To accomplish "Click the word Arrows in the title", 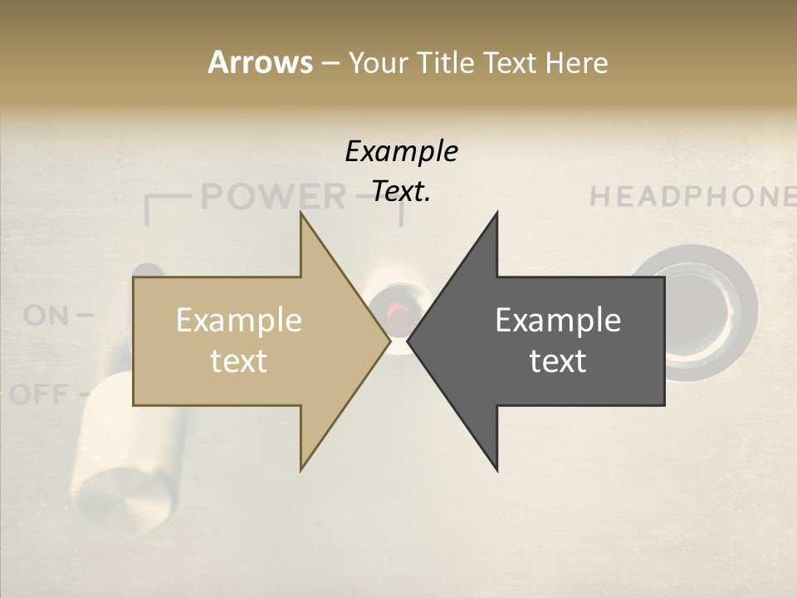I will [x=261, y=62].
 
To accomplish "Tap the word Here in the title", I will [x=576, y=62].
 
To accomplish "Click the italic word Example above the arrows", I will [x=401, y=152].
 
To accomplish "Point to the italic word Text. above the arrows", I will [x=401, y=191].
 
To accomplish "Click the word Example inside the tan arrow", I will [x=239, y=321].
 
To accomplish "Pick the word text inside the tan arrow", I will [x=239, y=361].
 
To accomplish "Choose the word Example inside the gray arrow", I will [x=558, y=321].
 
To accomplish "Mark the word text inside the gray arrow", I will [x=558, y=361].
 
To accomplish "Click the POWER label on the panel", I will [x=274, y=197].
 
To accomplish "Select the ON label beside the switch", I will [x=46, y=316].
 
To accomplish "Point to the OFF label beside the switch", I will [x=39, y=393].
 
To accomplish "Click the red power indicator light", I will [x=398, y=314].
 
